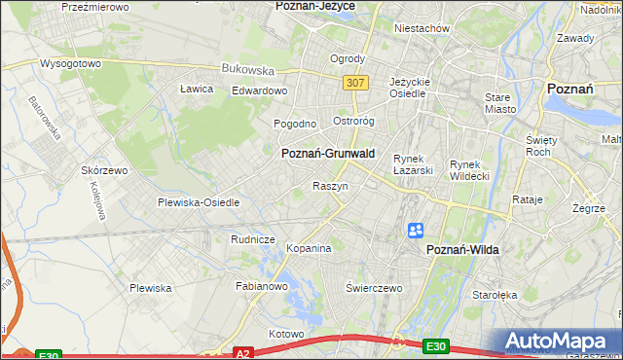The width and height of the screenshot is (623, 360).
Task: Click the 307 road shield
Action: [355, 83]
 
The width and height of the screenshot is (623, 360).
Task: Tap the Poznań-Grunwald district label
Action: [327, 154]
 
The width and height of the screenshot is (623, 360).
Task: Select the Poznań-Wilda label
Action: [462, 250]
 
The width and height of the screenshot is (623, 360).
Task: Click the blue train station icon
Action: [416, 231]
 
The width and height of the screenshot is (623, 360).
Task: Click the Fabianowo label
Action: [262, 287]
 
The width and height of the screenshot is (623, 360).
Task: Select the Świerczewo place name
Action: [374, 289]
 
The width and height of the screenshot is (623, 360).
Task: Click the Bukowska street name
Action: [247, 70]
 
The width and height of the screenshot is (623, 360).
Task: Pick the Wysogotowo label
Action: [70, 63]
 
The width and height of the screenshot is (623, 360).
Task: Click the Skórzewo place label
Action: [105, 169]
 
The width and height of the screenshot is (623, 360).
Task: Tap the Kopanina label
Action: [309, 249]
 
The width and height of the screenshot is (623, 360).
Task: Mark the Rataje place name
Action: [527, 199]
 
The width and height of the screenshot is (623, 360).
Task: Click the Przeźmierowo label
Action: [95, 6]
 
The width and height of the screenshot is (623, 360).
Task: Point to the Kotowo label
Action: [286, 334]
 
